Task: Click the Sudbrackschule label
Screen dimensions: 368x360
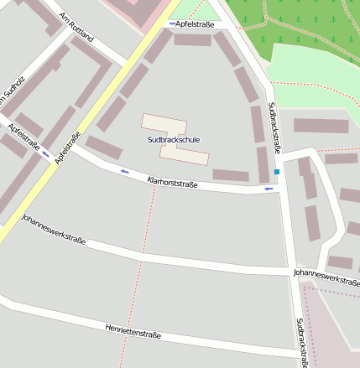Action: click(x=173, y=139)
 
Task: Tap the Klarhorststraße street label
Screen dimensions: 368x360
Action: click(x=172, y=181)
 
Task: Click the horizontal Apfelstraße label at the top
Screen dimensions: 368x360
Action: click(x=195, y=24)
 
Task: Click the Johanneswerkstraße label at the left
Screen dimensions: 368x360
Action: click(x=54, y=230)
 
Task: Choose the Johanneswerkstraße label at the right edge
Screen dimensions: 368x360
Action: click(x=326, y=275)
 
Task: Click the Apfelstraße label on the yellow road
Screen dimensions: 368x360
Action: click(x=67, y=148)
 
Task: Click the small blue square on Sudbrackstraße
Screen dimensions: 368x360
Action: click(x=277, y=172)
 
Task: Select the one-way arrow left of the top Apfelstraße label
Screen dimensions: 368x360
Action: click(x=172, y=24)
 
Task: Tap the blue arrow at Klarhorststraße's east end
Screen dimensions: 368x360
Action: click(x=269, y=189)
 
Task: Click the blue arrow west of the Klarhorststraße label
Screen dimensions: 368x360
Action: click(x=125, y=172)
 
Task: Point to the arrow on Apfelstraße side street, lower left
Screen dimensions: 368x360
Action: click(x=45, y=153)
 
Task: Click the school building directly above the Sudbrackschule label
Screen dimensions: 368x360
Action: click(x=164, y=124)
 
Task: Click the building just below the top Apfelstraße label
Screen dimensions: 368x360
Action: click(x=192, y=39)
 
